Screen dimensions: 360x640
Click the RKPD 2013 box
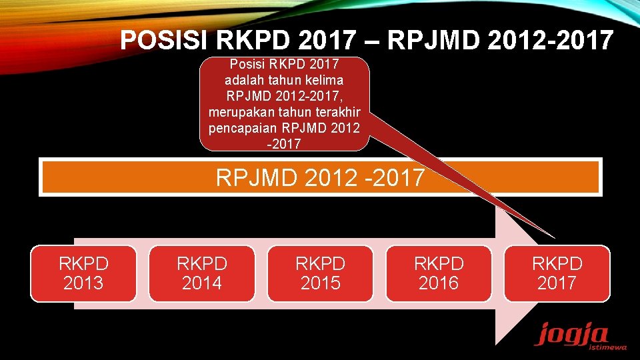(83, 273)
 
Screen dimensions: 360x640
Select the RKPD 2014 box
(202, 273)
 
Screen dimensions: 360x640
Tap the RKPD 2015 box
(320, 273)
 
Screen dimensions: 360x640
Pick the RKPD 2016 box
(439, 273)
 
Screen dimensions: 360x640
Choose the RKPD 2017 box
(557, 273)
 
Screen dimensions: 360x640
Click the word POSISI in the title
(165, 41)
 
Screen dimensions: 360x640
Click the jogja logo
(563, 333)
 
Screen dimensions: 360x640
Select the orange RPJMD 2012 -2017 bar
(320, 177)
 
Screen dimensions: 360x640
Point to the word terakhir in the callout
(332, 111)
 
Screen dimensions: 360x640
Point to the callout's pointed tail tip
(555, 238)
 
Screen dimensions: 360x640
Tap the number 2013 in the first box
(83, 283)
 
